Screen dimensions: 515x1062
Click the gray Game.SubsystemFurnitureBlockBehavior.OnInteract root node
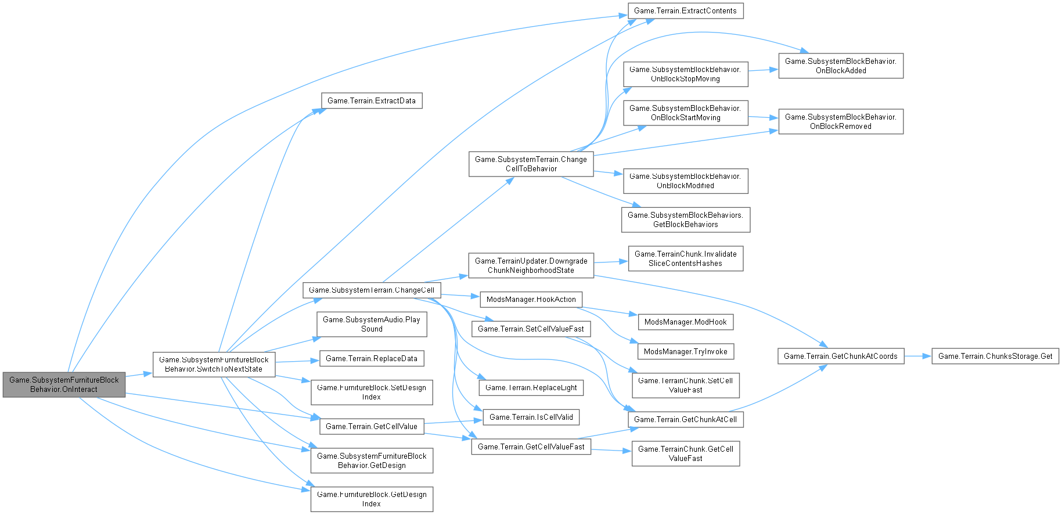pyautogui.click(x=64, y=384)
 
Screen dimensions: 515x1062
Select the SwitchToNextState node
pyautogui.click(x=214, y=364)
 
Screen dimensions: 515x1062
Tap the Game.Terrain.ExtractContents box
pyautogui.click(x=685, y=10)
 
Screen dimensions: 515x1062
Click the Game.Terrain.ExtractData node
pyautogui.click(x=372, y=100)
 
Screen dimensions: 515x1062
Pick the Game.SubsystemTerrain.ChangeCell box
pyautogui.click(x=372, y=290)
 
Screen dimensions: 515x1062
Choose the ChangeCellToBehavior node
pyautogui.click(x=531, y=164)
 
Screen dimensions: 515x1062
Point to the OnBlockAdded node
pyautogui.click(x=840, y=66)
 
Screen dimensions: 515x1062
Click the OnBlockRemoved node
pyautogui.click(x=840, y=121)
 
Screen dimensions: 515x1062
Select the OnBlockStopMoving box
pyautogui.click(x=685, y=74)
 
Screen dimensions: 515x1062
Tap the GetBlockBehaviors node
pyautogui.click(x=685, y=219)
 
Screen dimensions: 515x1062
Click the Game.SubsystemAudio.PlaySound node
pyautogui.click(x=372, y=324)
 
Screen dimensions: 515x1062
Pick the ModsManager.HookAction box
pyautogui.click(x=531, y=299)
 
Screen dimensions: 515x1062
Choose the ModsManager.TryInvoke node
pyautogui.click(x=685, y=351)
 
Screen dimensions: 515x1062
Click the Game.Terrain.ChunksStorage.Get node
pyautogui.click(x=995, y=356)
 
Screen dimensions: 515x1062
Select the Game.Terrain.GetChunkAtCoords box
pyautogui.click(x=840, y=356)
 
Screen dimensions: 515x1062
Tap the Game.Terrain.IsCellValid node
pyautogui.click(x=531, y=417)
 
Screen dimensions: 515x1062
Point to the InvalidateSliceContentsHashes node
pyautogui.click(x=685, y=258)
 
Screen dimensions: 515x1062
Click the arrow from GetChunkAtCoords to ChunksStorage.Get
pyautogui.click(x=917, y=356)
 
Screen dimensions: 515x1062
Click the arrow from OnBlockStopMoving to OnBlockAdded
pyautogui.click(x=763, y=70)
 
